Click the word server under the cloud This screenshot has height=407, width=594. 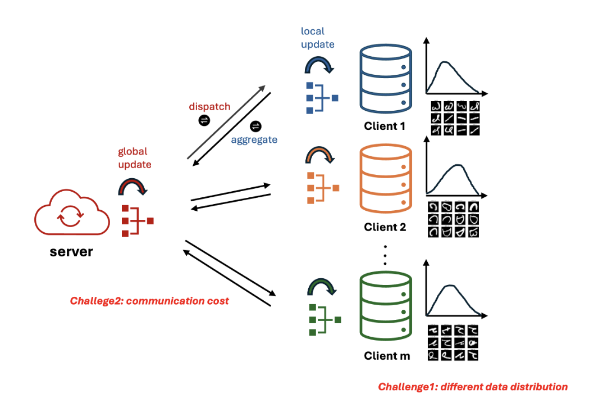pyautogui.click(x=71, y=251)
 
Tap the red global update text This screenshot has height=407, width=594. pyautogui.click(x=133, y=158)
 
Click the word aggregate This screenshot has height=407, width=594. pyautogui.click(x=254, y=139)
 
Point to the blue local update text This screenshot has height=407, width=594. pyautogui.click(x=317, y=38)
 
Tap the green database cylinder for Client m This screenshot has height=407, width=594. pyautogui.click(x=385, y=306)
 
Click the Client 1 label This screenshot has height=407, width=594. pyautogui.click(x=385, y=126)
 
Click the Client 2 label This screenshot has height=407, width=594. pyautogui.click(x=385, y=228)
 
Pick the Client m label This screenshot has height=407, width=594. pyautogui.click(x=387, y=356)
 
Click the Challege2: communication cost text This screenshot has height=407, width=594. pyautogui.click(x=149, y=301)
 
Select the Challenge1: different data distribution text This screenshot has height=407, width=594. pyautogui.click(x=473, y=387)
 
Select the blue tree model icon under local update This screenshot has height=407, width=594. pyautogui.click(x=321, y=98)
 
